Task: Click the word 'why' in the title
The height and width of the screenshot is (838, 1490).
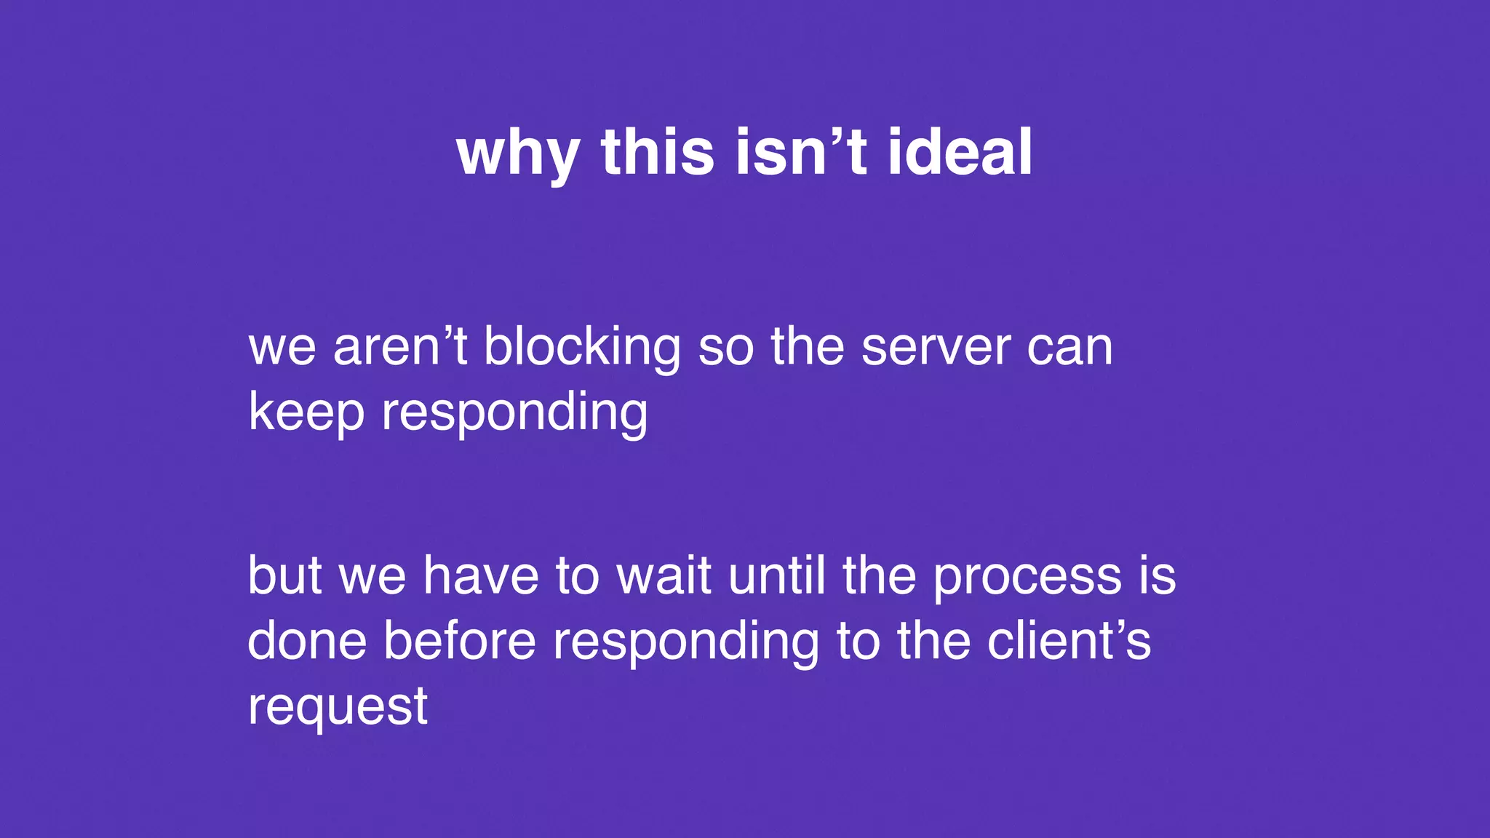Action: tap(517, 154)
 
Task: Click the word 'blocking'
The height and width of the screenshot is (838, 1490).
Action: tap(582, 348)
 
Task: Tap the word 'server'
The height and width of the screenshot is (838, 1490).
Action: tap(936, 348)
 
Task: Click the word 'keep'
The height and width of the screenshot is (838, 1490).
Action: tap(306, 412)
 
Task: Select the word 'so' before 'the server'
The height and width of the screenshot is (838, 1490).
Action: tap(725, 348)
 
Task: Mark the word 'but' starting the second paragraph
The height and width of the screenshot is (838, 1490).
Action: tap(284, 575)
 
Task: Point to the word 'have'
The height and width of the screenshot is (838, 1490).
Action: tap(481, 575)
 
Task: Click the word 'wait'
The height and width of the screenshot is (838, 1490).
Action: tap(664, 575)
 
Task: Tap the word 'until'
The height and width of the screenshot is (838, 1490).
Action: tap(777, 575)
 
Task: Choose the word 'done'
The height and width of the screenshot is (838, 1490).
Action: tap(307, 641)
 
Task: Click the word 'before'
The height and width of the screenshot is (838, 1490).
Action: tap(460, 641)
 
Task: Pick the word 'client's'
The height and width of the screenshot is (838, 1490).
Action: tap(1069, 641)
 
